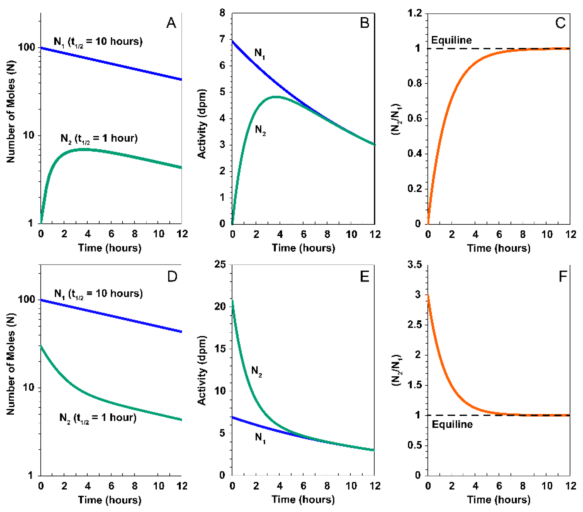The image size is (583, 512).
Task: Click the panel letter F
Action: [x=562, y=276]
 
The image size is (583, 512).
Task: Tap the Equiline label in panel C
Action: [x=451, y=40]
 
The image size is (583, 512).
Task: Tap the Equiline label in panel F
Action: [x=452, y=424]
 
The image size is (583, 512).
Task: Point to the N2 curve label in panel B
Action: [x=260, y=130]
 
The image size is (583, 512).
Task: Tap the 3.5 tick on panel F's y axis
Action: [x=415, y=265]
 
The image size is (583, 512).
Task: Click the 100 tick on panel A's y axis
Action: [x=26, y=47]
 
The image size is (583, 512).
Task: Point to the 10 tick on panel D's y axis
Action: [x=28, y=388]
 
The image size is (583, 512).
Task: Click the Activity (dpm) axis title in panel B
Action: [x=202, y=124]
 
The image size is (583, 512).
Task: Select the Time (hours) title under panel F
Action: [x=499, y=500]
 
